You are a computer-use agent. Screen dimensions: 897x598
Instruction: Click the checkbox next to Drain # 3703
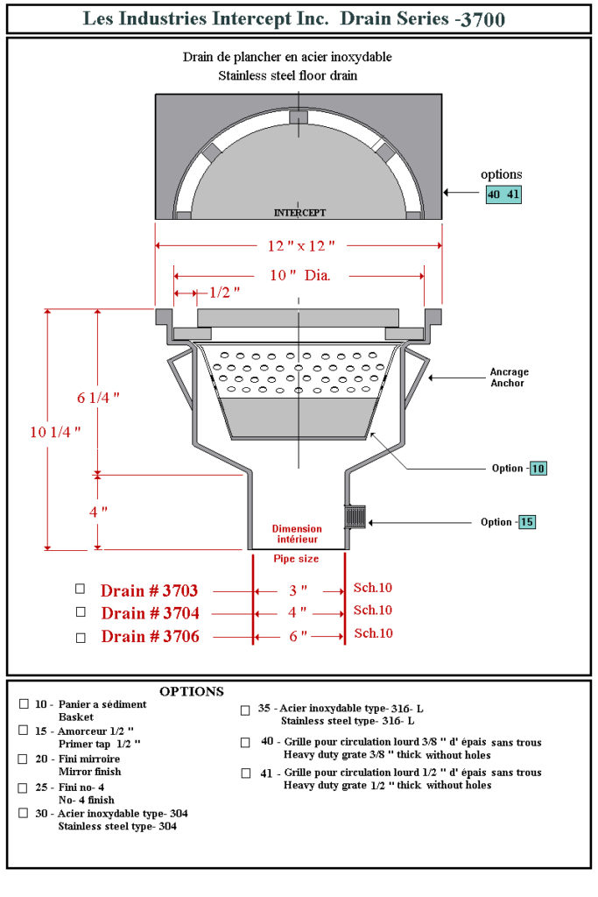pyautogui.click(x=81, y=589)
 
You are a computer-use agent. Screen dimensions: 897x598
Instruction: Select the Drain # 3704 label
pyautogui.click(x=150, y=612)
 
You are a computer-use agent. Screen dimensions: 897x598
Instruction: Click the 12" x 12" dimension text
pyautogui.click(x=296, y=245)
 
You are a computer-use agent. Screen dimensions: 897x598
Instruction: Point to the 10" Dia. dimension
pyautogui.click(x=299, y=276)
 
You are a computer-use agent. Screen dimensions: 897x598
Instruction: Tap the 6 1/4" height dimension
pyautogui.click(x=96, y=397)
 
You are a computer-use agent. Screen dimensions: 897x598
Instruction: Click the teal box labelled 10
pyautogui.click(x=538, y=469)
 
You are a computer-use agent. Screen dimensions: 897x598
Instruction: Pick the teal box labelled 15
pyautogui.click(x=526, y=522)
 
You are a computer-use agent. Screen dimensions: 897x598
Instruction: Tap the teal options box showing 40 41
pyautogui.click(x=503, y=194)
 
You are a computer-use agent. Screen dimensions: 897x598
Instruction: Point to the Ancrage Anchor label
pyautogui.click(x=509, y=378)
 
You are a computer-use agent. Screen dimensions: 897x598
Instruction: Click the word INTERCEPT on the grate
pyautogui.click(x=299, y=213)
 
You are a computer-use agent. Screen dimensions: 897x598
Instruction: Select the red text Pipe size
pyautogui.click(x=296, y=559)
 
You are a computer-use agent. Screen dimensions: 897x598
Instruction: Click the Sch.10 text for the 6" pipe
pyautogui.click(x=373, y=633)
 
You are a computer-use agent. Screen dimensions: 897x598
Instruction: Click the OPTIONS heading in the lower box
pyautogui.click(x=191, y=691)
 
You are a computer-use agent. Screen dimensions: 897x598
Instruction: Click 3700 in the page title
pyautogui.click(x=480, y=19)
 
